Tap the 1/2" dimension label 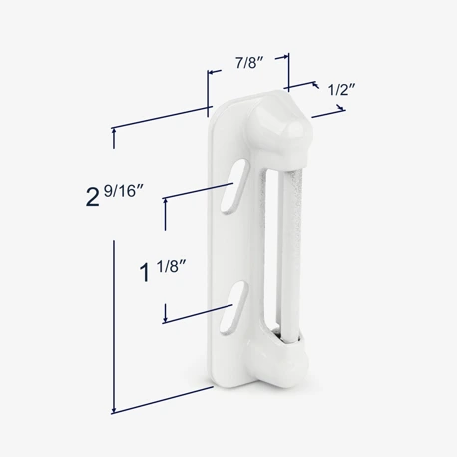pyautogui.click(x=342, y=89)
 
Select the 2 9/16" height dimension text pyautogui.click(x=114, y=196)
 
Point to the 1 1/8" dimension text pyautogui.click(x=162, y=271)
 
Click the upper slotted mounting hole pyautogui.click(x=234, y=186)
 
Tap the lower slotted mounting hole pyautogui.click(x=233, y=307)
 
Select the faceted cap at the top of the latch pyautogui.click(x=279, y=126)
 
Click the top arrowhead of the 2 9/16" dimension pyautogui.click(x=114, y=131)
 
